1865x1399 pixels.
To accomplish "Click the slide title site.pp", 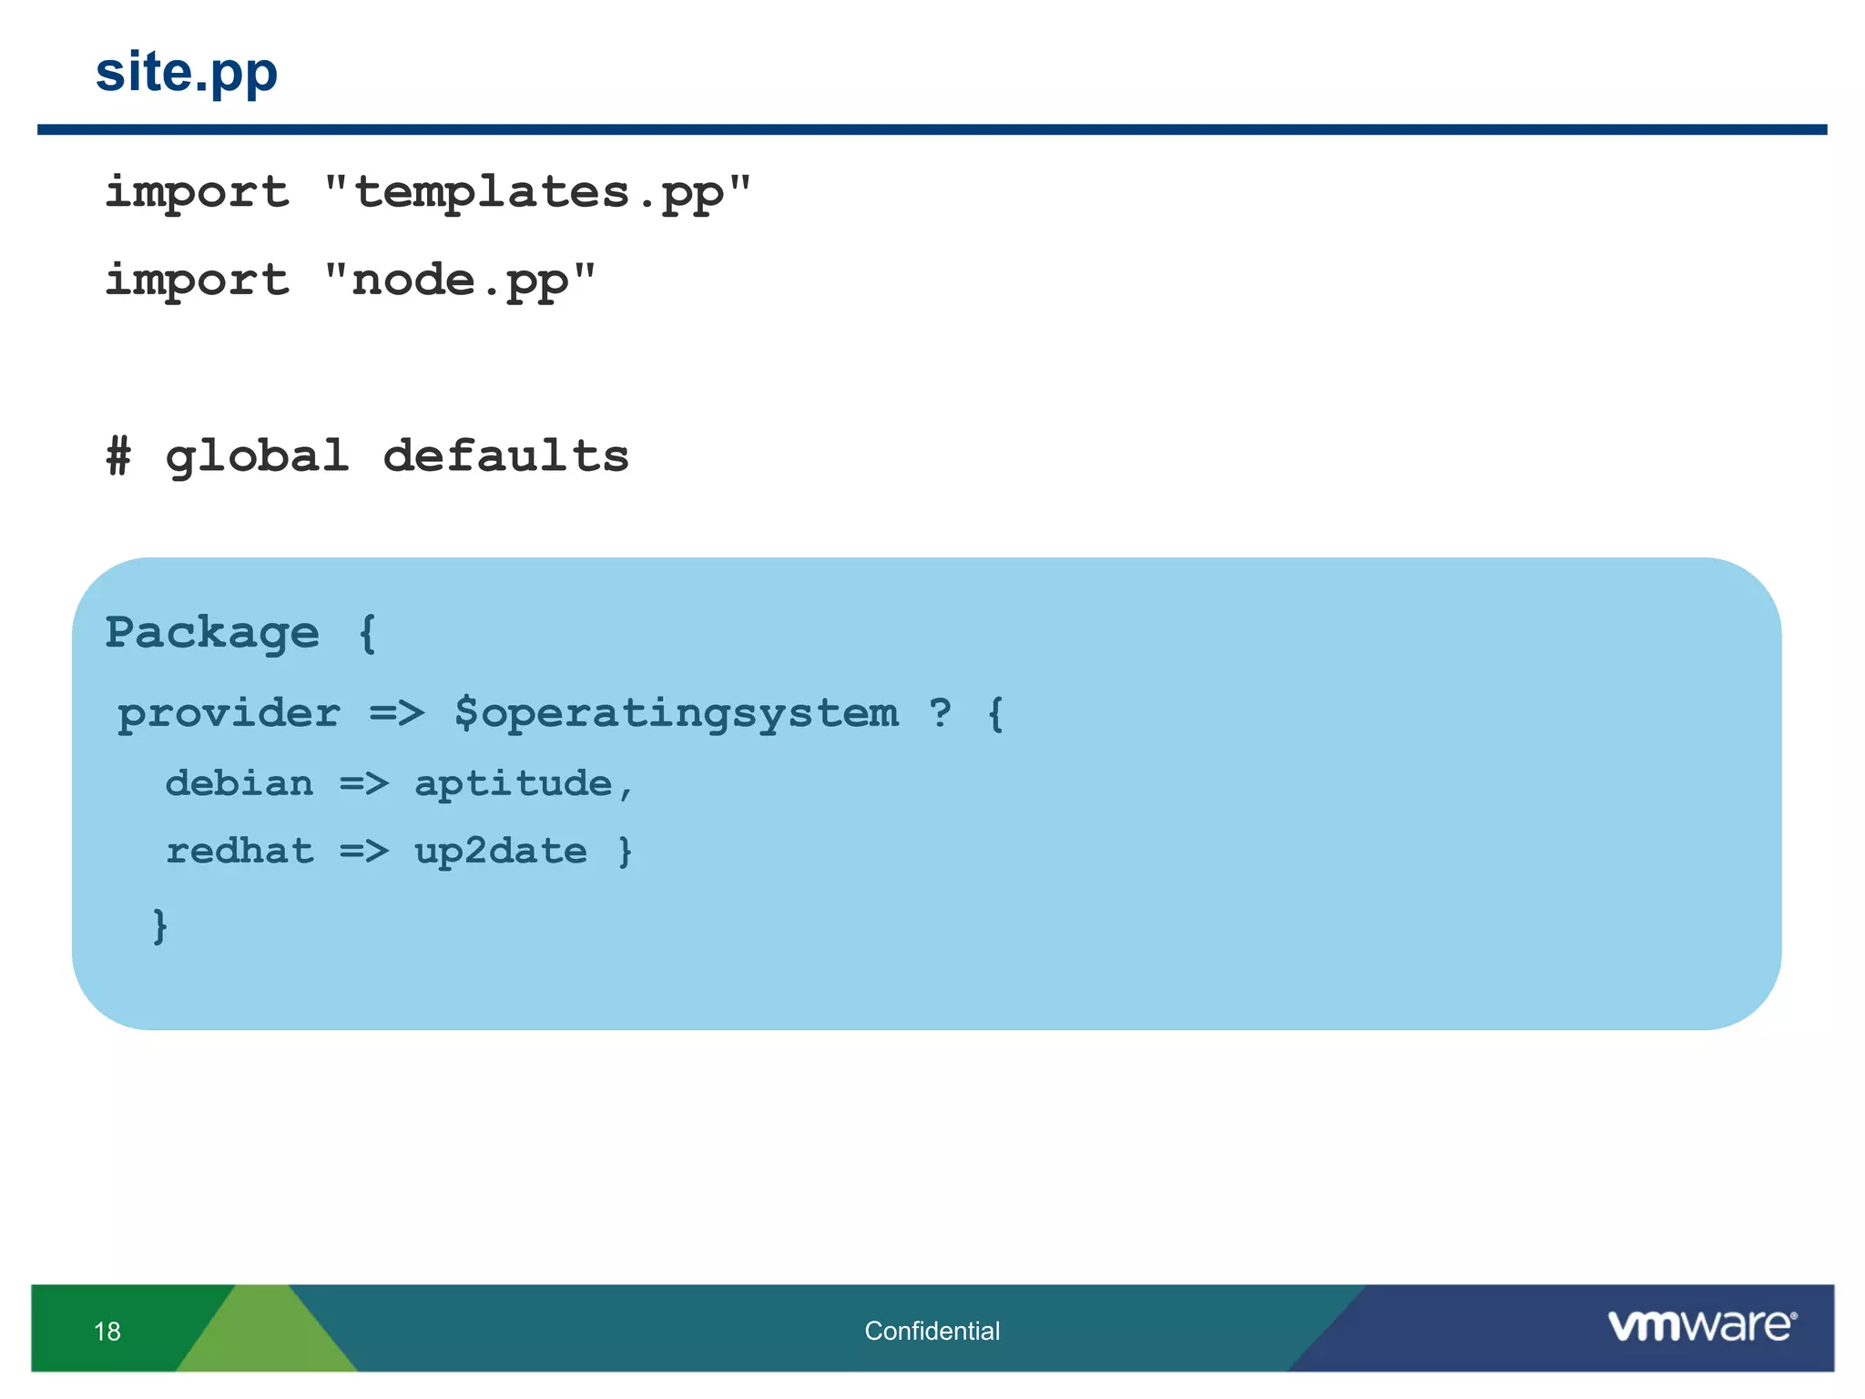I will pos(186,73).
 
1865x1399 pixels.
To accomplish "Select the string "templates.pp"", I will pos(538,193).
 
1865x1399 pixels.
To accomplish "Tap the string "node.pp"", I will pos(460,280).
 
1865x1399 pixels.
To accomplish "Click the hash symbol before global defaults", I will pos(118,455).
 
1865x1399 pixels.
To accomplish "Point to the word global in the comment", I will pos(257,456).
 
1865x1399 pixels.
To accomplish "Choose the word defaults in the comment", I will pos(505,455).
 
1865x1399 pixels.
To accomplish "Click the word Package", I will pos(212,633).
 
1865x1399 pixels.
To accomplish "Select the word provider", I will pos(229,713).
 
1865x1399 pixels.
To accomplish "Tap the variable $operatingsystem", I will pos(676,713).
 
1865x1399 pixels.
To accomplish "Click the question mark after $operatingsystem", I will pos(940,712).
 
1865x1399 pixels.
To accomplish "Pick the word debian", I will pos(239,783).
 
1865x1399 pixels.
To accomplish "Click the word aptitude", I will pos(513,783).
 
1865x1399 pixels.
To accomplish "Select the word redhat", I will pos(239,851).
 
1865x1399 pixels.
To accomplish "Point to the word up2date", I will pos(500,852).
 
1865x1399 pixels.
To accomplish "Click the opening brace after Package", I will pos(367,633).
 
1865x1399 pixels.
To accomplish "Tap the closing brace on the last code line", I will pos(160,925).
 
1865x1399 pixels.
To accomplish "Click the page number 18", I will pos(107,1332).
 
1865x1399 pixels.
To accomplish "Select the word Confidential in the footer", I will pos(932,1331).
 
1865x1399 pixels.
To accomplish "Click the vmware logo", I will pos(1701,1325).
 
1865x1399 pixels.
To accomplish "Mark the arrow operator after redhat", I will pos(364,851).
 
